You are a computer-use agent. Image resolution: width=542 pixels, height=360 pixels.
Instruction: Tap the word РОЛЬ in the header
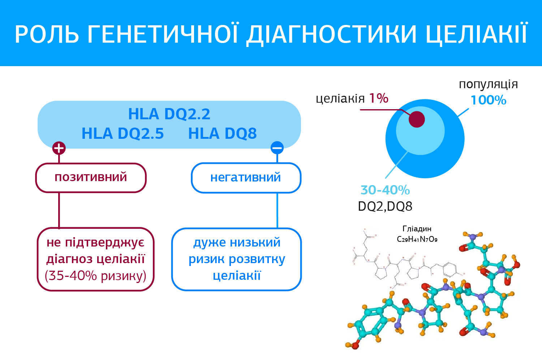pyautogui.click(x=47, y=34)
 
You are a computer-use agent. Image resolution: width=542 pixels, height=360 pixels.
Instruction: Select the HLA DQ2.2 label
pyautogui.click(x=169, y=114)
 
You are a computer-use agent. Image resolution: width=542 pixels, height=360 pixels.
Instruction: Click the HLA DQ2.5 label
pyautogui.click(x=123, y=133)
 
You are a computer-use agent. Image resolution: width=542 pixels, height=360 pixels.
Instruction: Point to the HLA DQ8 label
pyautogui.click(x=222, y=133)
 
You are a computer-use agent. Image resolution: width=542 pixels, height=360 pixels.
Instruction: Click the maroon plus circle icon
pyautogui.click(x=59, y=148)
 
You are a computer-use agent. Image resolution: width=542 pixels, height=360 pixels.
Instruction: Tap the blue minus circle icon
pyautogui.click(x=277, y=148)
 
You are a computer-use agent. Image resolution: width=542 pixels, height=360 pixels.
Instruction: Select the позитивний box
pyautogui.click(x=91, y=178)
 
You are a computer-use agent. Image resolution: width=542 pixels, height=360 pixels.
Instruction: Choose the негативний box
pyautogui.click(x=246, y=178)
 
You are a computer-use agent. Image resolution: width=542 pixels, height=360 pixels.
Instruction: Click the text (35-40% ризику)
pyautogui.click(x=96, y=275)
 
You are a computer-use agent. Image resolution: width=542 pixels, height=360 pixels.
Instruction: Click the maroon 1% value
pyautogui.click(x=379, y=98)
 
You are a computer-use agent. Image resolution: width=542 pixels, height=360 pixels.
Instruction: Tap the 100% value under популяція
pyautogui.click(x=489, y=100)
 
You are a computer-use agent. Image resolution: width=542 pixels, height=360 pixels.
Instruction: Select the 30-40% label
pyautogui.click(x=385, y=190)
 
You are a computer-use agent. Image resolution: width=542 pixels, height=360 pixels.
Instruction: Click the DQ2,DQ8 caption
pyautogui.click(x=385, y=206)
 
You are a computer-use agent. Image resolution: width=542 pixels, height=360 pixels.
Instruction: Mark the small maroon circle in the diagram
pyautogui.click(x=417, y=119)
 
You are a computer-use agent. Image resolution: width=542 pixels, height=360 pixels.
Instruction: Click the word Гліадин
pyautogui.click(x=417, y=228)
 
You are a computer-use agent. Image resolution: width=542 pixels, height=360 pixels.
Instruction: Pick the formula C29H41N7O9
pyautogui.click(x=417, y=239)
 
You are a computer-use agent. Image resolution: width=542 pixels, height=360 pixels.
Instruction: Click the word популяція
pyautogui.click(x=488, y=85)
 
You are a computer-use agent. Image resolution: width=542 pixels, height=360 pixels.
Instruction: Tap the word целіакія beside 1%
pyautogui.click(x=340, y=99)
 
